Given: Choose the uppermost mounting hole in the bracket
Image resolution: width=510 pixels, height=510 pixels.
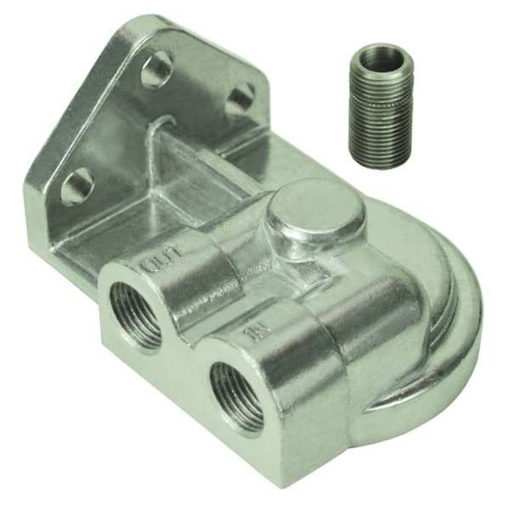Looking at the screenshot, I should [157, 70].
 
